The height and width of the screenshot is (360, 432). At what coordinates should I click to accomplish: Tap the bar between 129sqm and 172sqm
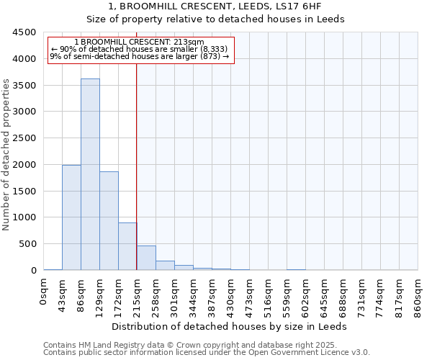pyautogui.click(x=109, y=220)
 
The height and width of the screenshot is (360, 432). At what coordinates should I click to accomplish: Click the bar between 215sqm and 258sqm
pyautogui.click(x=146, y=258)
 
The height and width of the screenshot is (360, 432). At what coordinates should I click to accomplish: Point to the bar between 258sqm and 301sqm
pyautogui.click(x=165, y=265)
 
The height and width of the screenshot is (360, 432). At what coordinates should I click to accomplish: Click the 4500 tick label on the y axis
pyautogui.click(x=24, y=32)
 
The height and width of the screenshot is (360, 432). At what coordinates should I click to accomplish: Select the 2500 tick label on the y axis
pyautogui.click(x=24, y=138)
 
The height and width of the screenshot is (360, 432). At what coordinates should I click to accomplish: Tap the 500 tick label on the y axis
pyautogui.click(x=27, y=244)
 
